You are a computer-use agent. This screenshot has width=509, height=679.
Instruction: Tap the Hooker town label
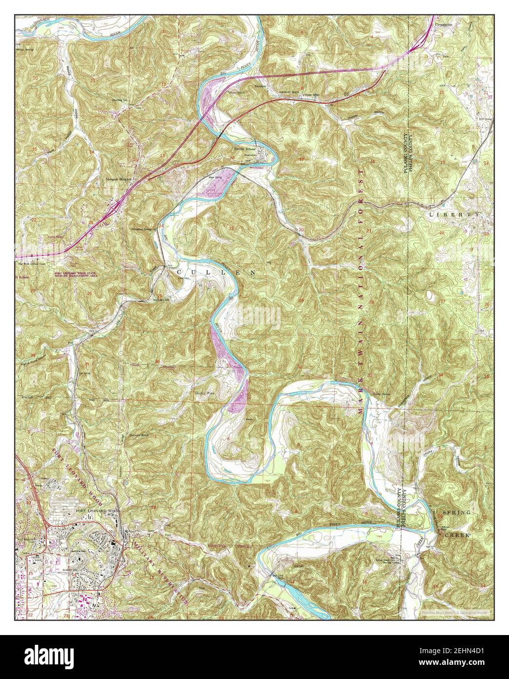click(x=259, y=86)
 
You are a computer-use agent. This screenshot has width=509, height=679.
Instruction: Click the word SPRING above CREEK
click(x=456, y=512)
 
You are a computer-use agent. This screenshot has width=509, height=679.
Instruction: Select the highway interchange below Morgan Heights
click(x=115, y=209)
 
